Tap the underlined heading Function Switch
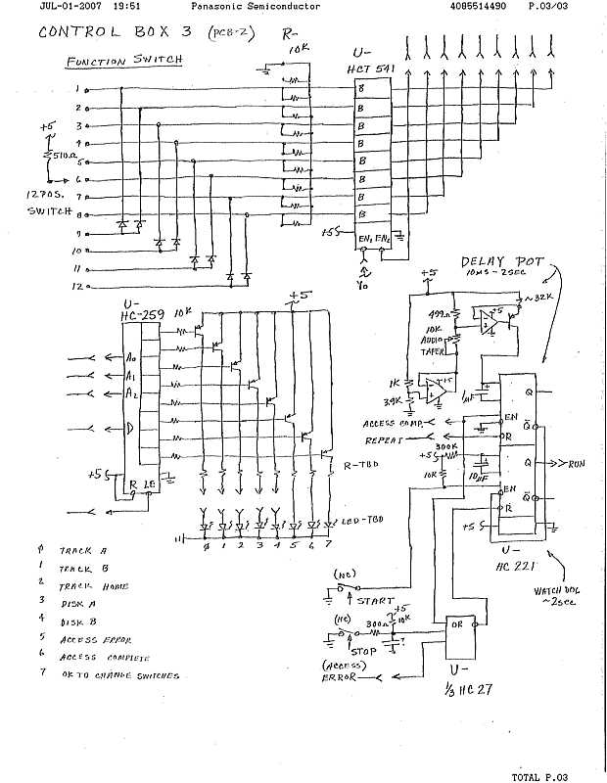tap(123, 61)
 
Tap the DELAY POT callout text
tap(495, 264)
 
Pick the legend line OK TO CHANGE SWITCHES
tap(119, 674)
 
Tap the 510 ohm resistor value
tap(61, 154)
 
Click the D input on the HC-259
tap(130, 426)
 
